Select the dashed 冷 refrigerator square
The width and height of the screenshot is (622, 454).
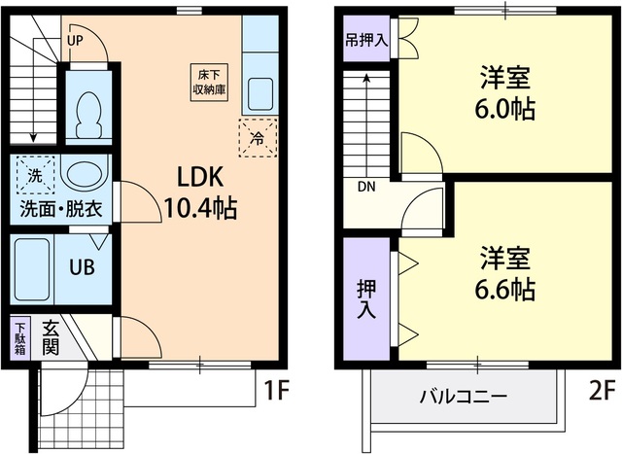[258, 137]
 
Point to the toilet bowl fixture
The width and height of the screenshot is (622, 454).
[88, 114]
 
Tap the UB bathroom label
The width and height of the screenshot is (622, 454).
[82, 266]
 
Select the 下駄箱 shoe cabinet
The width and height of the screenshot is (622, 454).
[21, 341]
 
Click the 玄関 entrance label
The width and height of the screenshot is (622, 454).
[51, 340]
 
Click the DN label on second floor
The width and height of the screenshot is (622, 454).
[366, 187]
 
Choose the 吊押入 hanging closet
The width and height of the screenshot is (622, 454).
[366, 41]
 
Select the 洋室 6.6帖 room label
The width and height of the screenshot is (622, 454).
[505, 273]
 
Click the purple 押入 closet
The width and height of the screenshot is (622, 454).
[365, 299]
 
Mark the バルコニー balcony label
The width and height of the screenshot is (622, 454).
[463, 397]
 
